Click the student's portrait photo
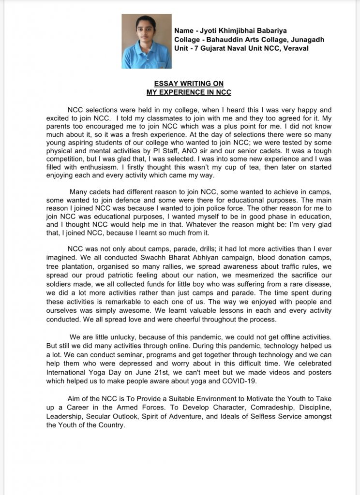[146, 41]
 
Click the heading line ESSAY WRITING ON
[189, 84]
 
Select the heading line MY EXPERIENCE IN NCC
[189, 92]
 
